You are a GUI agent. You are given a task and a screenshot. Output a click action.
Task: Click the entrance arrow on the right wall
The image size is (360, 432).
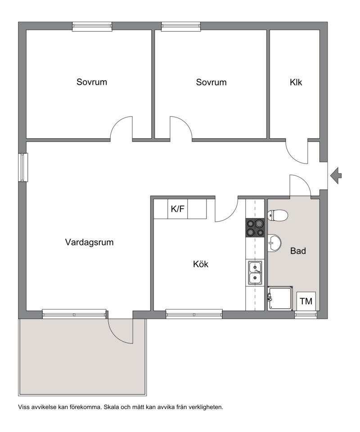pos(336,176)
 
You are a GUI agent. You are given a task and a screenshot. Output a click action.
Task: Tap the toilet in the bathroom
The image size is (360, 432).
pos(277,215)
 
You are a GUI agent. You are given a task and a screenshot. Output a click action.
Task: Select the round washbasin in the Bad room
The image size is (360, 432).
pos(274,243)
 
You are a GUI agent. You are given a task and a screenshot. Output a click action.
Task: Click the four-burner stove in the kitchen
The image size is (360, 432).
pos(255,227)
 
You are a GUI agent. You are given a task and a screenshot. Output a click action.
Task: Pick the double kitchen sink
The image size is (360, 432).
pos(255,273)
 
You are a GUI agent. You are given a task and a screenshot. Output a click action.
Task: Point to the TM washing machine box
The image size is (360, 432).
pos(306,301)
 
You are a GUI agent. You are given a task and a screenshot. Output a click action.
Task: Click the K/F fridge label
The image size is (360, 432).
pos(177,209)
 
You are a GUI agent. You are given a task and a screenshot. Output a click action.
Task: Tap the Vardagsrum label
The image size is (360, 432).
pos(89,242)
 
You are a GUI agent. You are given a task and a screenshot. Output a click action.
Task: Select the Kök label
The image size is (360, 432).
pos(201,264)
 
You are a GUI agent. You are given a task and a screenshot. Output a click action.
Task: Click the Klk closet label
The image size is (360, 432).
pos(296,82)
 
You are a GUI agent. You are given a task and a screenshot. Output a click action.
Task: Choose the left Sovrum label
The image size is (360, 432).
pos(92,82)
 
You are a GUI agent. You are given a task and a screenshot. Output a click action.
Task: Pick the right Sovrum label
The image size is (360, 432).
pos(211,82)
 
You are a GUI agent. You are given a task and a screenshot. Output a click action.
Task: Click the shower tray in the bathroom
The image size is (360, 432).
pos(280,298)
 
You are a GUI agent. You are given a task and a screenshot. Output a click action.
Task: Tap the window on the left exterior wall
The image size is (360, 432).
pos(23,167)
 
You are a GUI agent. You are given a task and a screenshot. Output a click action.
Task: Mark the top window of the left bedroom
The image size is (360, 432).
pos(92,27)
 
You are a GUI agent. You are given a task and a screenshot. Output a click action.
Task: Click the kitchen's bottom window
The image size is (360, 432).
pos(194,314)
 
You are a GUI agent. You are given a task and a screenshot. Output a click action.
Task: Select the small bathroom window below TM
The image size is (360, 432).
pos(306,315)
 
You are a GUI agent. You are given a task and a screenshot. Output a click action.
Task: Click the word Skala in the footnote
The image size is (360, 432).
pos(110,407)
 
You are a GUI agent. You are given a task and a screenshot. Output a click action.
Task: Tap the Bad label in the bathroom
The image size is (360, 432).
pos(298,251)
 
